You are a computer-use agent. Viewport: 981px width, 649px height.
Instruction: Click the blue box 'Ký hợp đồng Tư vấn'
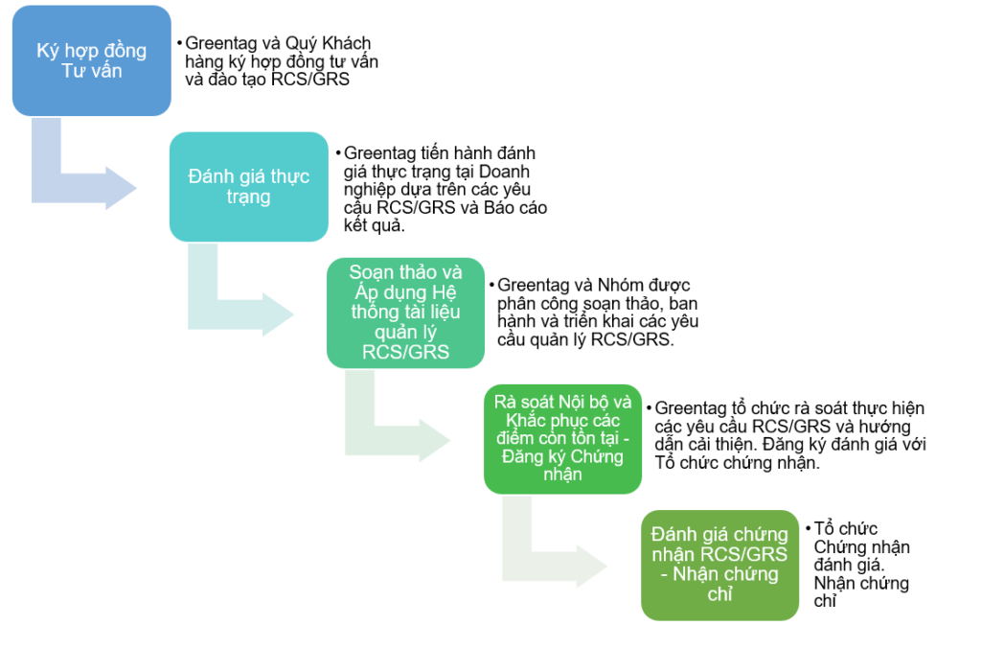(91, 60)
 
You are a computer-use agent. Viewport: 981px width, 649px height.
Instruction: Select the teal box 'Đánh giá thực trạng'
(248, 186)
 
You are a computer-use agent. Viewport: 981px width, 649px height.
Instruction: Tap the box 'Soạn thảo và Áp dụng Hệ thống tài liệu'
(405, 313)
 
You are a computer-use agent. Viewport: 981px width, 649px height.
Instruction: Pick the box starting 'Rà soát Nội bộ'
(562, 438)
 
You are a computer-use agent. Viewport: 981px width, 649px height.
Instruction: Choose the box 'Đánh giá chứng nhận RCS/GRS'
(719, 564)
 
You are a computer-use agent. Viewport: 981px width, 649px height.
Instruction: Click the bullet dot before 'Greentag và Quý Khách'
(179, 44)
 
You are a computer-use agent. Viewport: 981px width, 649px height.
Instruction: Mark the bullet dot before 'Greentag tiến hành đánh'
(337, 153)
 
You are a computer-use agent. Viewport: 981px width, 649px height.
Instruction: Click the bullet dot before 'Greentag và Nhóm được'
(492, 286)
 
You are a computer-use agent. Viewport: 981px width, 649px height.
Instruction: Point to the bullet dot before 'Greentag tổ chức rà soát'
(650, 407)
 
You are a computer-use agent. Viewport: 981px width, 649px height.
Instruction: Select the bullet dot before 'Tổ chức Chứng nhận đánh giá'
(807, 528)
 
